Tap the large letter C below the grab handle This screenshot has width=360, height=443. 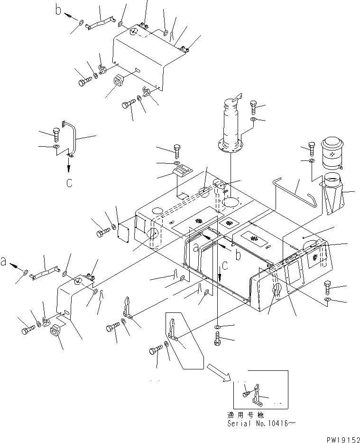pyautogui.click(x=69, y=183)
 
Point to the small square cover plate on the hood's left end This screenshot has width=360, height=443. pyautogui.click(x=125, y=233)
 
